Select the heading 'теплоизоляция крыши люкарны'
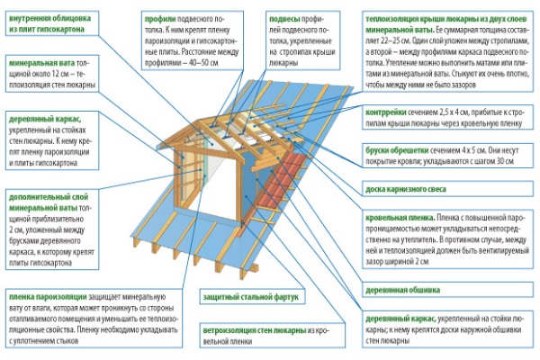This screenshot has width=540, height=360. (423, 17)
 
